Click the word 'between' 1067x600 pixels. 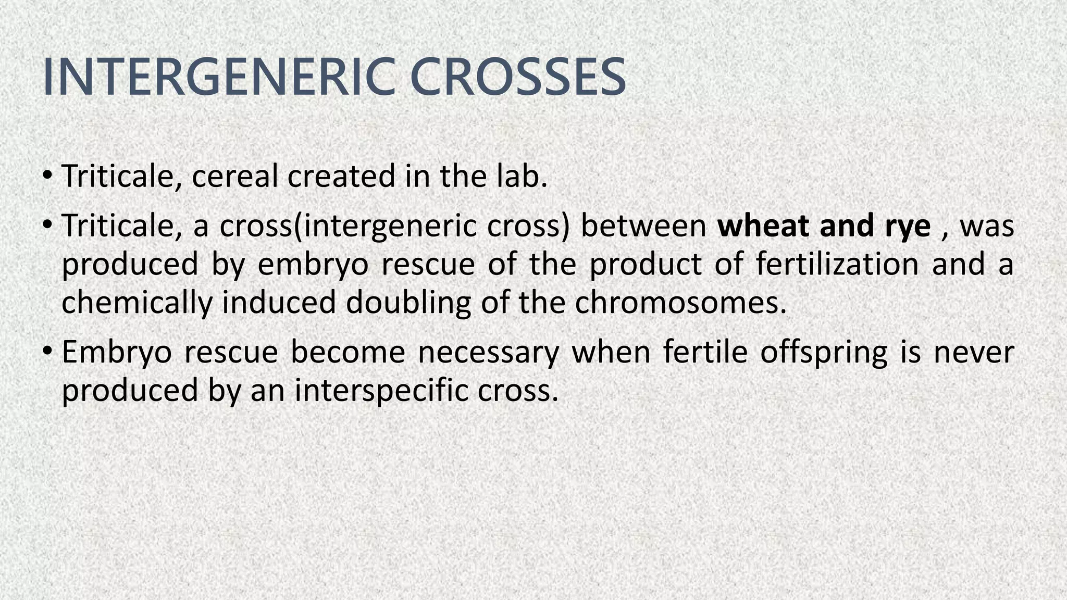coord(643,226)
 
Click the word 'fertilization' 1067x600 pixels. coord(837,264)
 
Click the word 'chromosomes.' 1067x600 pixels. coord(680,302)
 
